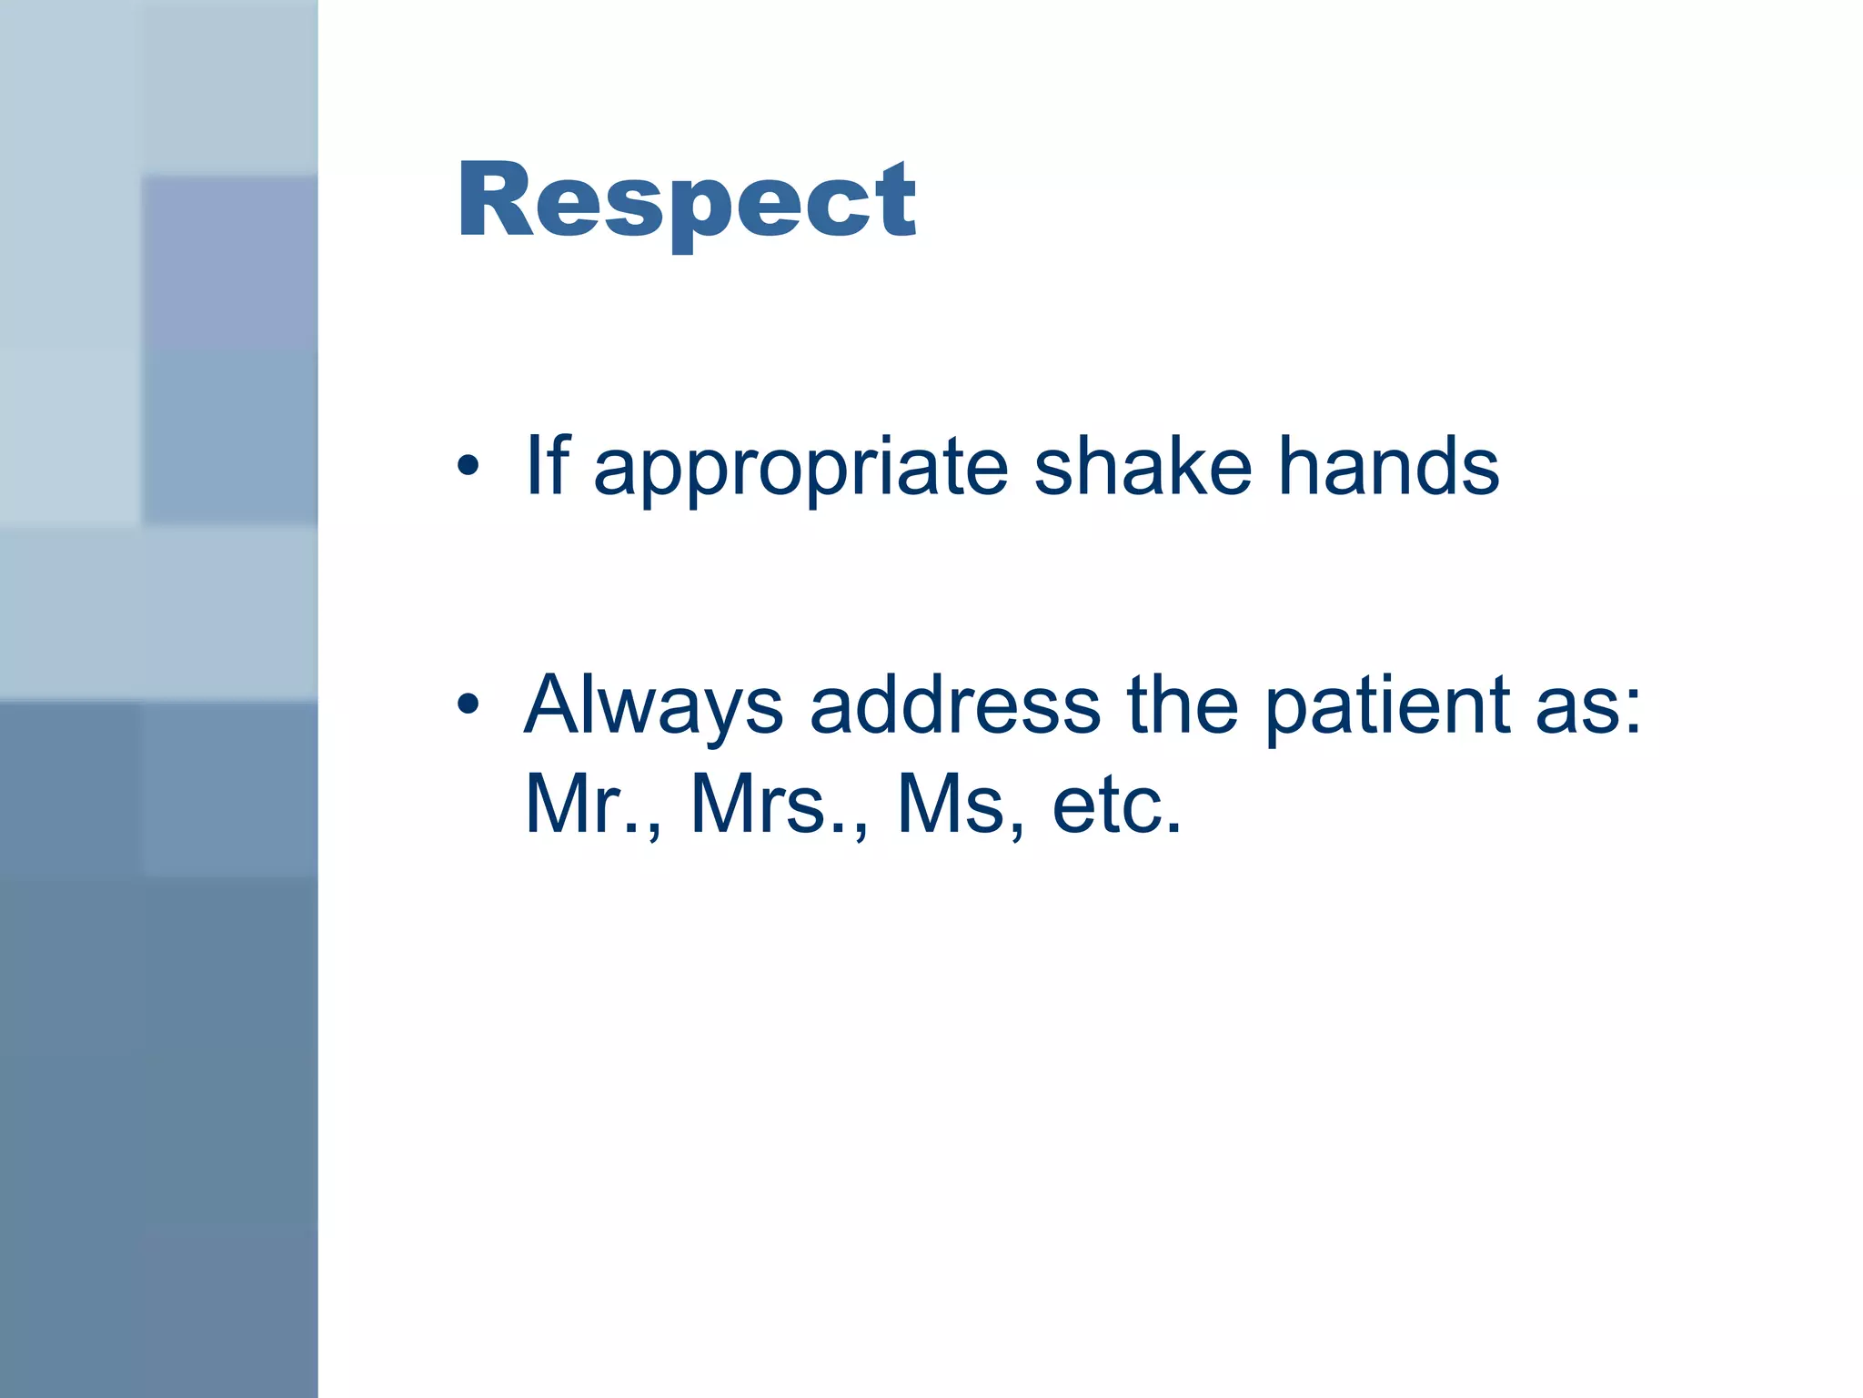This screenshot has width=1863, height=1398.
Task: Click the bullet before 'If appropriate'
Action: (x=468, y=467)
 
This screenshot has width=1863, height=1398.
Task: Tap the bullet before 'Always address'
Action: (x=468, y=704)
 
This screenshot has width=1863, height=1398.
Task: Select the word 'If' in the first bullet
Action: (x=547, y=465)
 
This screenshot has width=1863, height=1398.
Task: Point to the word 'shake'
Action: (x=1143, y=465)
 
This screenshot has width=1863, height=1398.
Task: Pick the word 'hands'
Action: (x=1388, y=465)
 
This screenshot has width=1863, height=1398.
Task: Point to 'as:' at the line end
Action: (x=1588, y=705)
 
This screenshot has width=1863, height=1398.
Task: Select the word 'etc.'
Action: (x=1117, y=805)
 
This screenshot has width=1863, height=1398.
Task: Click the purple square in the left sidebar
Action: (x=229, y=261)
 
